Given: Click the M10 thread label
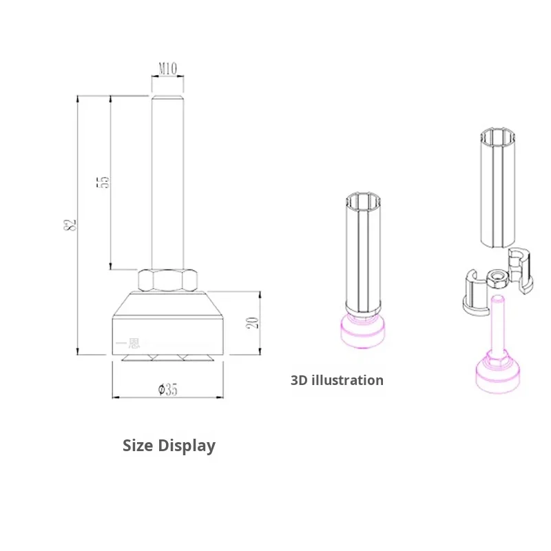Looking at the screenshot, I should coord(168,69).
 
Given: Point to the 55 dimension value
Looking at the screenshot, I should coord(103,182).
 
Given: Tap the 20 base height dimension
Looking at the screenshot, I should coord(252,322).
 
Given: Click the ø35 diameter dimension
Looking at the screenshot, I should coord(168,390).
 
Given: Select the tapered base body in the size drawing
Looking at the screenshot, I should coord(169,324).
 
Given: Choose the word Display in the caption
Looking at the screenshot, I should coord(188,446).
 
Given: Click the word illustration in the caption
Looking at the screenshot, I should coord(349,380).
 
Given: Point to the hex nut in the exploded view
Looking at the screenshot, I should coord(498,278).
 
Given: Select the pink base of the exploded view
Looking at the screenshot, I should coord(498,375).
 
